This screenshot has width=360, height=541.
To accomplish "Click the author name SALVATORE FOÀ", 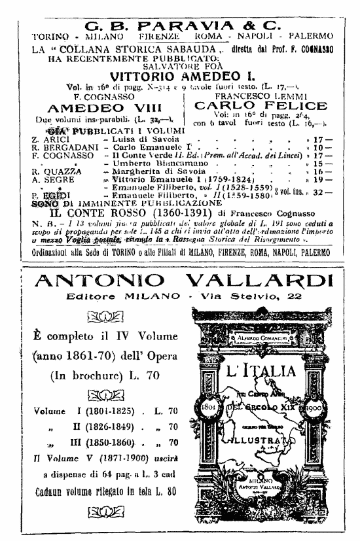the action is (178, 64).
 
